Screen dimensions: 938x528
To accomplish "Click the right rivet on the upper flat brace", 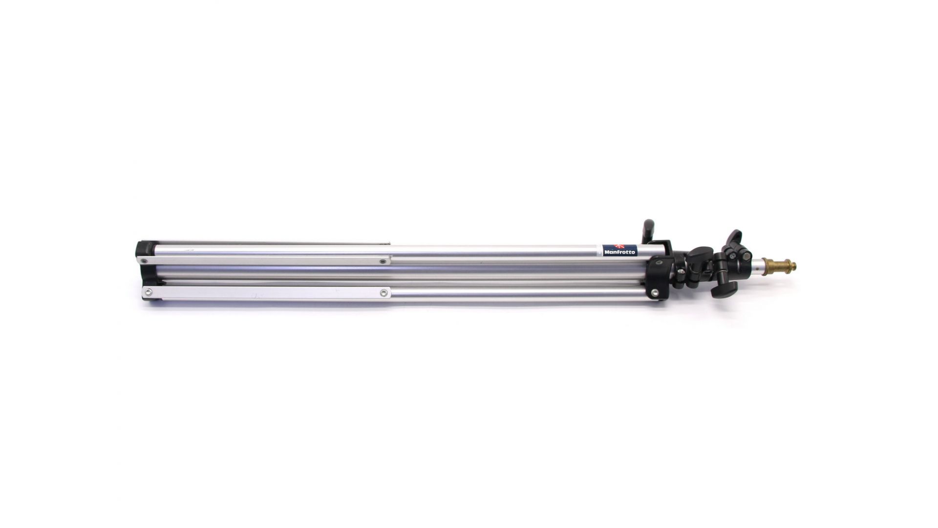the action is pos(383,262).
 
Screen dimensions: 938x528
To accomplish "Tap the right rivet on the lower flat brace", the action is pos(384,292).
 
